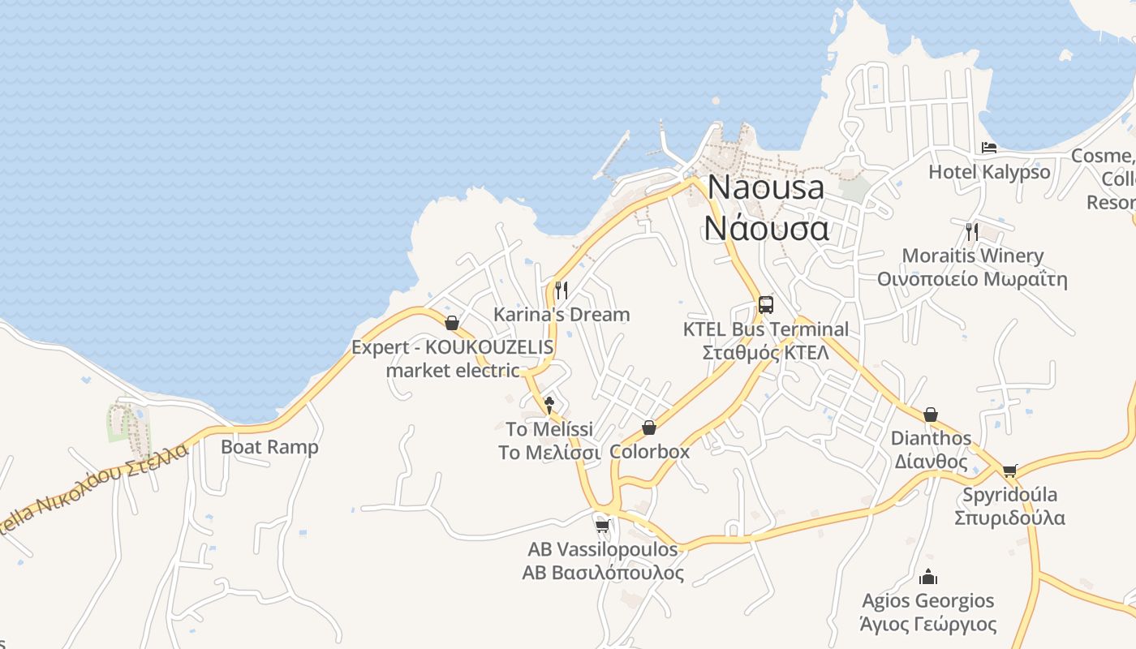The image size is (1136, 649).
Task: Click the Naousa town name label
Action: (x=766, y=187)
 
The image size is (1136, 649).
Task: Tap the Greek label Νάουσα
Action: (x=766, y=228)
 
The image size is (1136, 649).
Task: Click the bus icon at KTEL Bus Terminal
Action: (x=765, y=305)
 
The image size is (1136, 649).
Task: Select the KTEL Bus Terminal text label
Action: (x=765, y=329)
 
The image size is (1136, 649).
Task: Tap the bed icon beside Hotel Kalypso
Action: (x=989, y=148)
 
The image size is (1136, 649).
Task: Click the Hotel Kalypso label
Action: (x=989, y=172)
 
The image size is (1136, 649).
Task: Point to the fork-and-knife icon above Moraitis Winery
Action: (x=971, y=231)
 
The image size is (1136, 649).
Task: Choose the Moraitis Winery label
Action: (x=972, y=256)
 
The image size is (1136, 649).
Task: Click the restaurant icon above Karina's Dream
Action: (x=561, y=290)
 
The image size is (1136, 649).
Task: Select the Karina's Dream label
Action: (x=562, y=314)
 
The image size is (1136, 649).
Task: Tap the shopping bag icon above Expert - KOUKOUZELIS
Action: (x=452, y=323)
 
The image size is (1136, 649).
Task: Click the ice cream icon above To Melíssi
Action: (x=549, y=404)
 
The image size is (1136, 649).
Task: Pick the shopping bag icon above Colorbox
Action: (x=649, y=428)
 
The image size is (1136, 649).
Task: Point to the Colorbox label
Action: (x=649, y=452)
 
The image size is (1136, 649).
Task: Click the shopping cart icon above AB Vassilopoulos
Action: (x=602, y=526)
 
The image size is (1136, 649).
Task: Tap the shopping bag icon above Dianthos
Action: (x=931, y=415)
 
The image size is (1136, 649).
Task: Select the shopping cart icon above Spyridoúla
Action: (x=1009, y=471)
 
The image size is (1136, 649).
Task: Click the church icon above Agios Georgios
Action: (x=928, y=578)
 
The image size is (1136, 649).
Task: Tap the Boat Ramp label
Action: (x=269, y=447)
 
